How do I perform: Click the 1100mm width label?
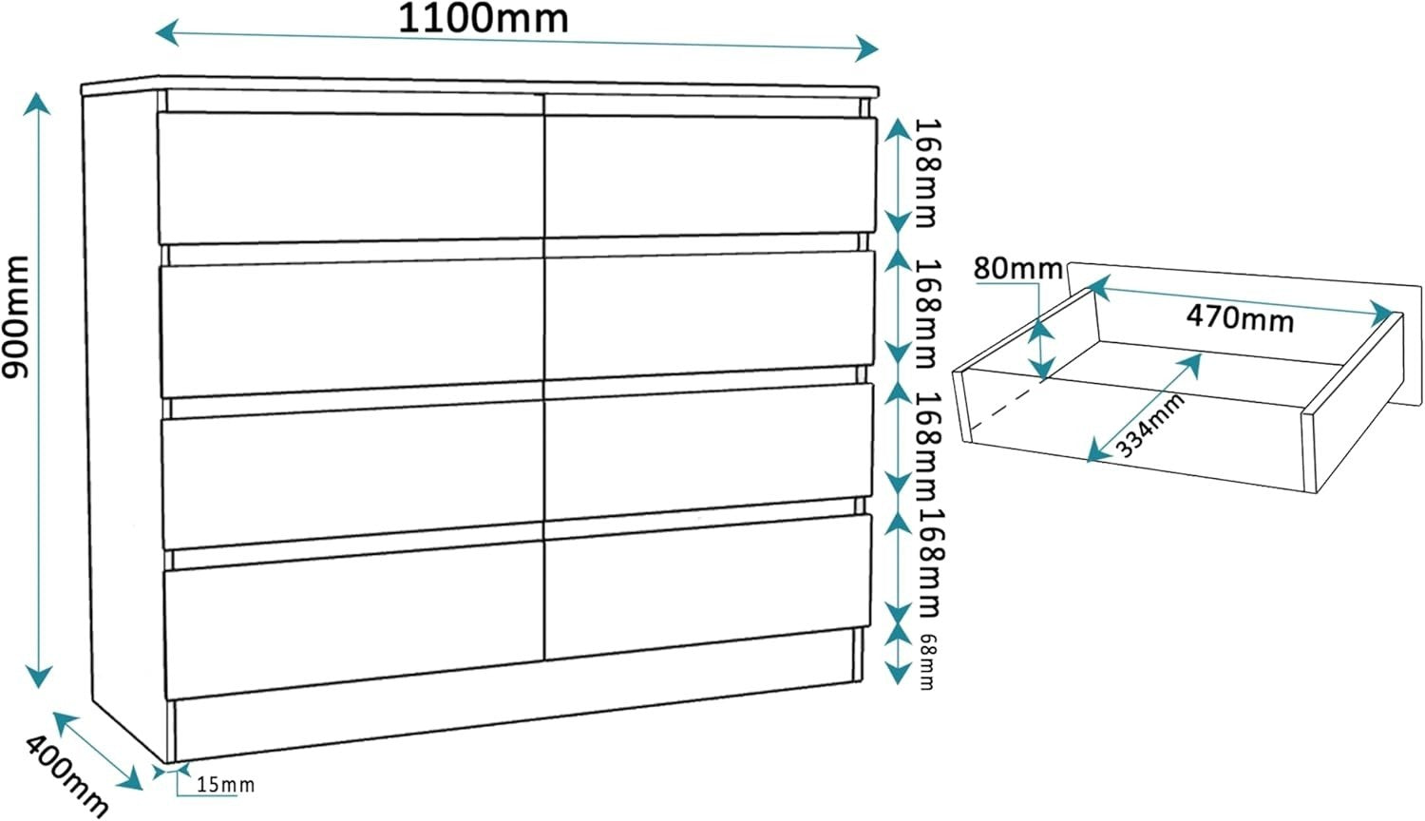[483, 19]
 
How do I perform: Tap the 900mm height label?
[15, 316]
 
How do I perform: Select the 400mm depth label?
[66, 775]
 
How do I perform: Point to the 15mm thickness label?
[225, 785]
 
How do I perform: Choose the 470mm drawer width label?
[1240, 317]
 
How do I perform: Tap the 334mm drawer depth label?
[1150, 425]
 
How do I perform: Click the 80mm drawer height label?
[1017, 269]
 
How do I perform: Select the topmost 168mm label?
[926, 173]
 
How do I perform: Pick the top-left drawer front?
[351, 179]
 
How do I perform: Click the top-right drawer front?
[711, 175]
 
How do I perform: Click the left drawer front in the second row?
[351, 327]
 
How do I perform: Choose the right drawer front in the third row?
[709, 451]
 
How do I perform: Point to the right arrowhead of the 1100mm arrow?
[867, 48]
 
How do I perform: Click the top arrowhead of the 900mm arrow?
[38, 104]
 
